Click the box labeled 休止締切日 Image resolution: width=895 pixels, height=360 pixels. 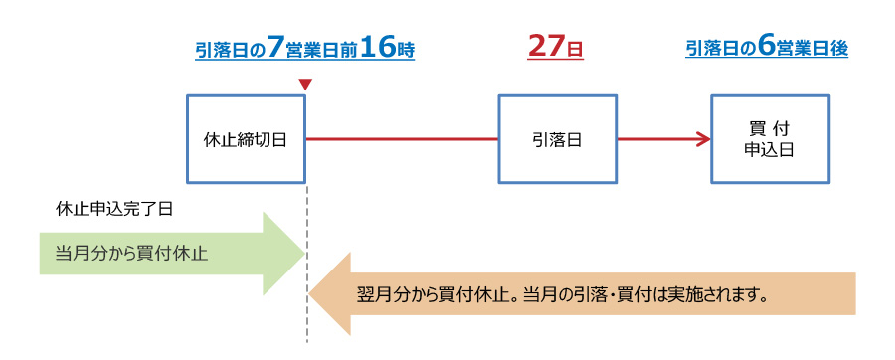click(246, 139)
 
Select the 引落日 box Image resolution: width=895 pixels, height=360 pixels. click(557, 139)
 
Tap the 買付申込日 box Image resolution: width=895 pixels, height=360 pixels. click(770, 139)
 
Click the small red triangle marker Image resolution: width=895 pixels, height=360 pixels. click(305, 85)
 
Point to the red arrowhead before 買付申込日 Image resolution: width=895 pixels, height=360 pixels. click(703, 139)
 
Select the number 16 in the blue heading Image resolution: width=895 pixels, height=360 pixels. click(378, 48)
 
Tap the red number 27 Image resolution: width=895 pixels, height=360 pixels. click(546, 47)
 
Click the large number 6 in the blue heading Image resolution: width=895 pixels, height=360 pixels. click(766, 48)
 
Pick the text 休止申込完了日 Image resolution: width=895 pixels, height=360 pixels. click(114, 209)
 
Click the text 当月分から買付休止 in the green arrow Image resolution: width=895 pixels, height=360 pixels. click(131, 253)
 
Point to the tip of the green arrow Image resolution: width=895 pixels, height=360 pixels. click(304, 254)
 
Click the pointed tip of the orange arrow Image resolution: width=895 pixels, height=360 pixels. click(310, 293)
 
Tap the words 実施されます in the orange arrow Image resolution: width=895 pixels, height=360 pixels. click(714, 295)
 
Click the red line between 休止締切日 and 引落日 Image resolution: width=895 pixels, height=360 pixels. click(403, 139)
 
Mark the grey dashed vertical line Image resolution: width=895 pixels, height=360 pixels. click(307, 263)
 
